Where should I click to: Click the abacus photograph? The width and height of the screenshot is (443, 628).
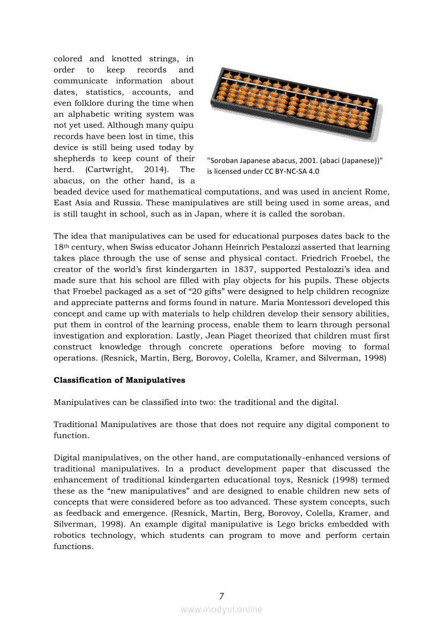pyautogui.click(x=296, y=102)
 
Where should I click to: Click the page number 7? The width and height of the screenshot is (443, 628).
pyautogui.click(x=222, y=596)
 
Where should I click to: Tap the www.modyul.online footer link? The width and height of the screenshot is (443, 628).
pyautogui.click(x=222, y=609)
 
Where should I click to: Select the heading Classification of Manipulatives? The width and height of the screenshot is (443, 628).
pyautogui.click(x=119, y=380)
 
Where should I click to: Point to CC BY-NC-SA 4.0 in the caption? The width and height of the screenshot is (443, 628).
pyautogui.click(x=289, y=172)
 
